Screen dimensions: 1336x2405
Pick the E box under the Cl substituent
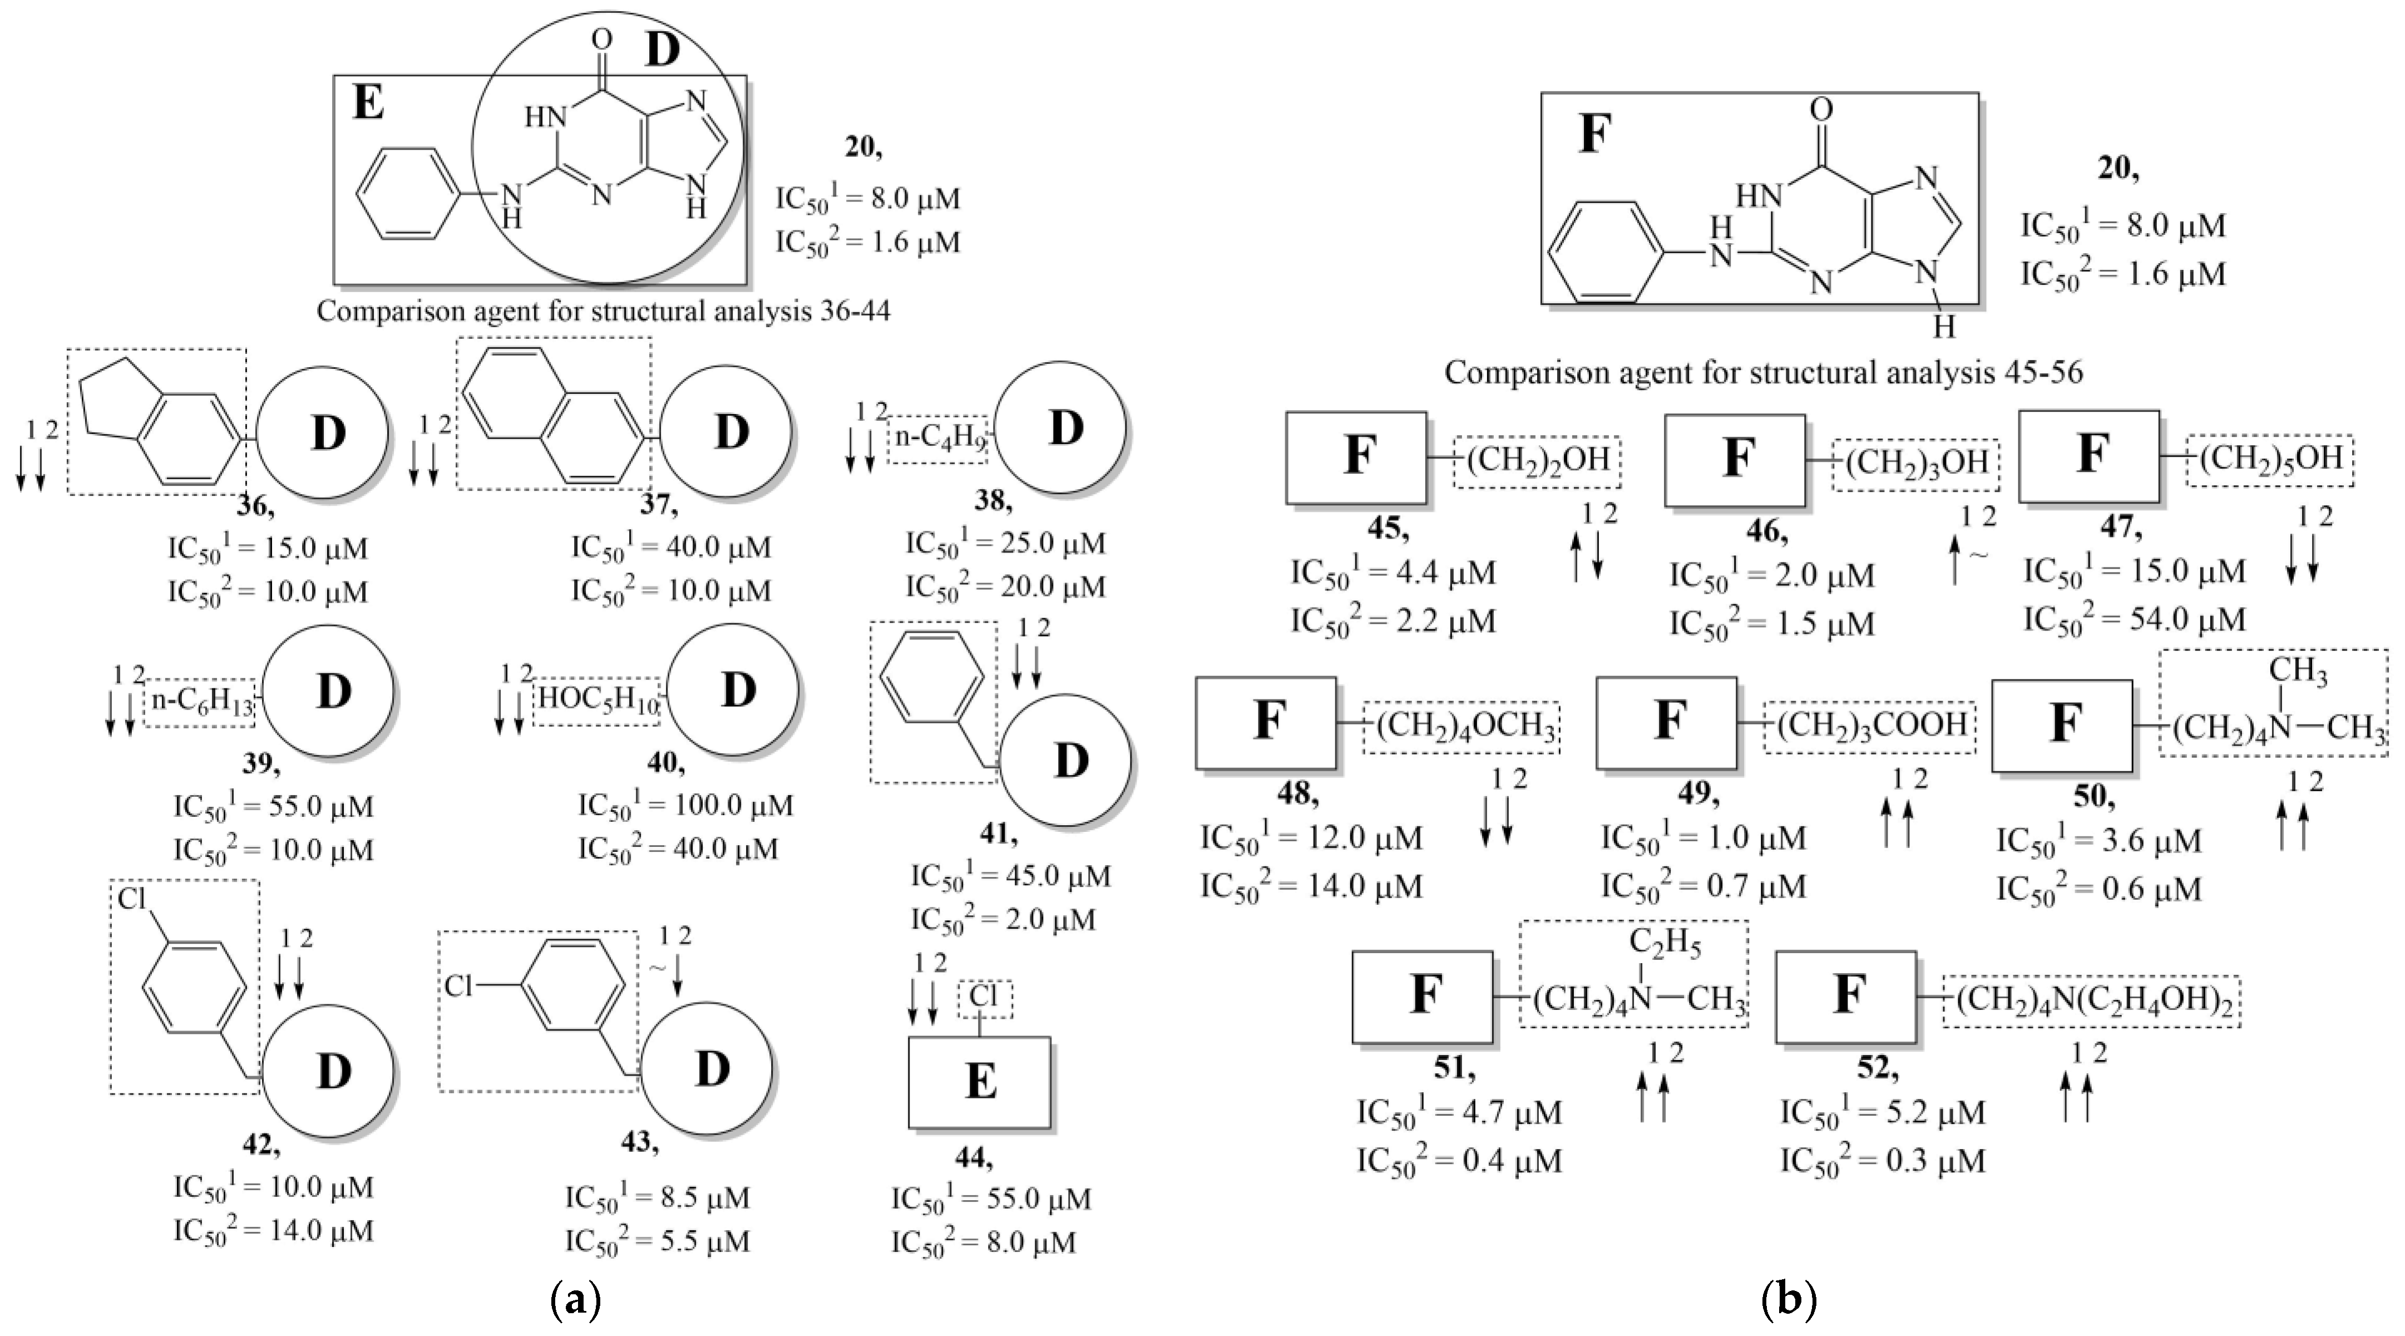(x=979, y=1082)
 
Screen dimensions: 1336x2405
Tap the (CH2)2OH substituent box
(x=1537, y=461)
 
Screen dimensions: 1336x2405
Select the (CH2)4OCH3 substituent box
(x=1461, y=726)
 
